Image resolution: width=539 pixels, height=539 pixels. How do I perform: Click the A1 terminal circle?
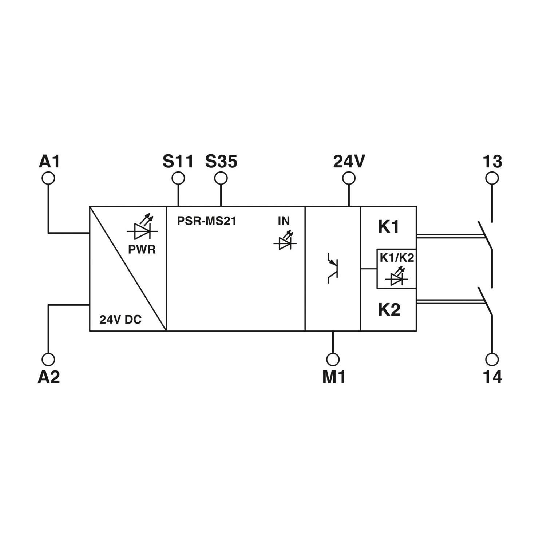(x=48, y=178)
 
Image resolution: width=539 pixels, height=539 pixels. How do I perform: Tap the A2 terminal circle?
(x=48, y=359)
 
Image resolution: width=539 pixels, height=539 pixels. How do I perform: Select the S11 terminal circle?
(x=178, y=178)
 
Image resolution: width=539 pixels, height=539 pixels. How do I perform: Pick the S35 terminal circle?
(x=221, y=178)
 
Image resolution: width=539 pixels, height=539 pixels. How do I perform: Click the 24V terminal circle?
(x=349, y=178)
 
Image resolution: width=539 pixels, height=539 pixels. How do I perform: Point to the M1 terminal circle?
(x=333, y=359)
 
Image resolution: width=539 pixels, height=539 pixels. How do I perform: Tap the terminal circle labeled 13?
(x=492, y=178)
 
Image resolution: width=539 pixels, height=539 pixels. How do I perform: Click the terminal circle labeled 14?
(x=492, y=359)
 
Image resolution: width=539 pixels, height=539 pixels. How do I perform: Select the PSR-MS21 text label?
(x=207, y=221)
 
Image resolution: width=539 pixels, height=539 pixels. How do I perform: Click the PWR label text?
(x=142, y=249)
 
